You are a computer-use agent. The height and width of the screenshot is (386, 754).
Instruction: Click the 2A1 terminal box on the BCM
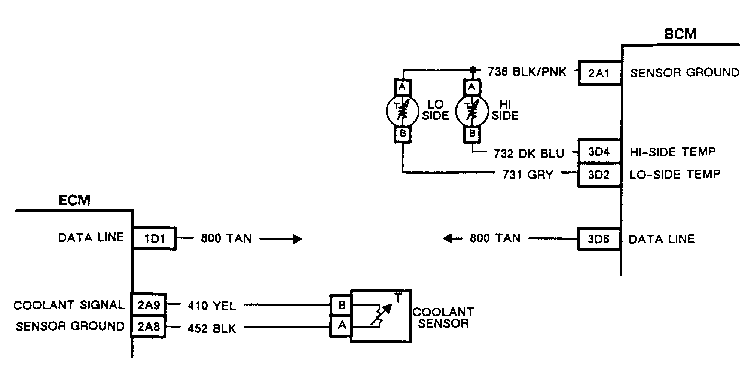[600, 73]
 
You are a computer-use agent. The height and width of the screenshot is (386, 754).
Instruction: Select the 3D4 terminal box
[599, 151]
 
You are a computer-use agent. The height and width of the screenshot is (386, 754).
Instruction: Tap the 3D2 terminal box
[599, 175]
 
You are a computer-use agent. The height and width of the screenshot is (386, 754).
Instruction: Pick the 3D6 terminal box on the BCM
[599, 239]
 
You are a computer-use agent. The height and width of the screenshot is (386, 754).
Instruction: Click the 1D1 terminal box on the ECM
[155, 238]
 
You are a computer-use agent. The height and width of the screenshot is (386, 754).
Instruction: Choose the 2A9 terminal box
[149, 305]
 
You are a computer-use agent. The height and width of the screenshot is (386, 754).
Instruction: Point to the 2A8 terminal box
[149, 327]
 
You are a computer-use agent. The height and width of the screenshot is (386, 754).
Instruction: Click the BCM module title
[680, 34]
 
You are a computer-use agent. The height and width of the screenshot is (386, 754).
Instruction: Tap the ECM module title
[74, 200]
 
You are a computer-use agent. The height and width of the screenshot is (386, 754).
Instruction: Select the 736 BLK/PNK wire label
[527, 71]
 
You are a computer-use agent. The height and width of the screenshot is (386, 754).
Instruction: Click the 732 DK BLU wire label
[529, 154]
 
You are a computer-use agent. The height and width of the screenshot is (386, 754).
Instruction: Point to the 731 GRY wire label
[528, 174]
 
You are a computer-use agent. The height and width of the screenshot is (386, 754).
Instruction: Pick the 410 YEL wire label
[212, 306]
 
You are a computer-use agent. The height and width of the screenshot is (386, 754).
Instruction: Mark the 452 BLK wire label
[212, 328]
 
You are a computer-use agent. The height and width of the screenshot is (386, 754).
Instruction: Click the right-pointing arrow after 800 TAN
[281, 239]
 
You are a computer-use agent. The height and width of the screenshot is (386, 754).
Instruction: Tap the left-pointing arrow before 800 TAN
[453, 238]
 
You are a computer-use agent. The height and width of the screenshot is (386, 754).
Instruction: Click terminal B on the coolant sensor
[341, 305]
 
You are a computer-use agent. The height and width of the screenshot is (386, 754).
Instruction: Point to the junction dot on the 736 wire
[473, 70]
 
